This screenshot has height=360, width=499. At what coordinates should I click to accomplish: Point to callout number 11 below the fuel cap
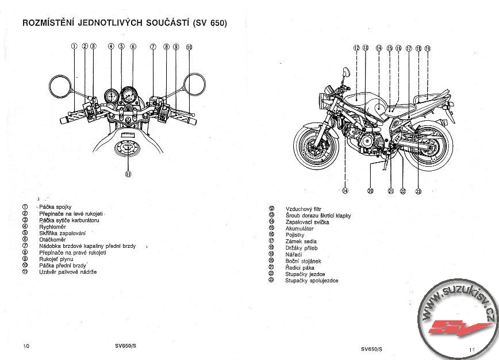(x=128, y=173)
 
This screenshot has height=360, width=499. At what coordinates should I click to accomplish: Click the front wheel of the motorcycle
(x=314, y=147)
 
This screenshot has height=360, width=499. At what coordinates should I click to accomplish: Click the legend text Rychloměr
(x=50, y=227)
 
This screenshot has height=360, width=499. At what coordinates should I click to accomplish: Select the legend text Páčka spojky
(x=55, y=207)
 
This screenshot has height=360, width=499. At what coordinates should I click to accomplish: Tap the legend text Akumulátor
(x=299, y=228)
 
